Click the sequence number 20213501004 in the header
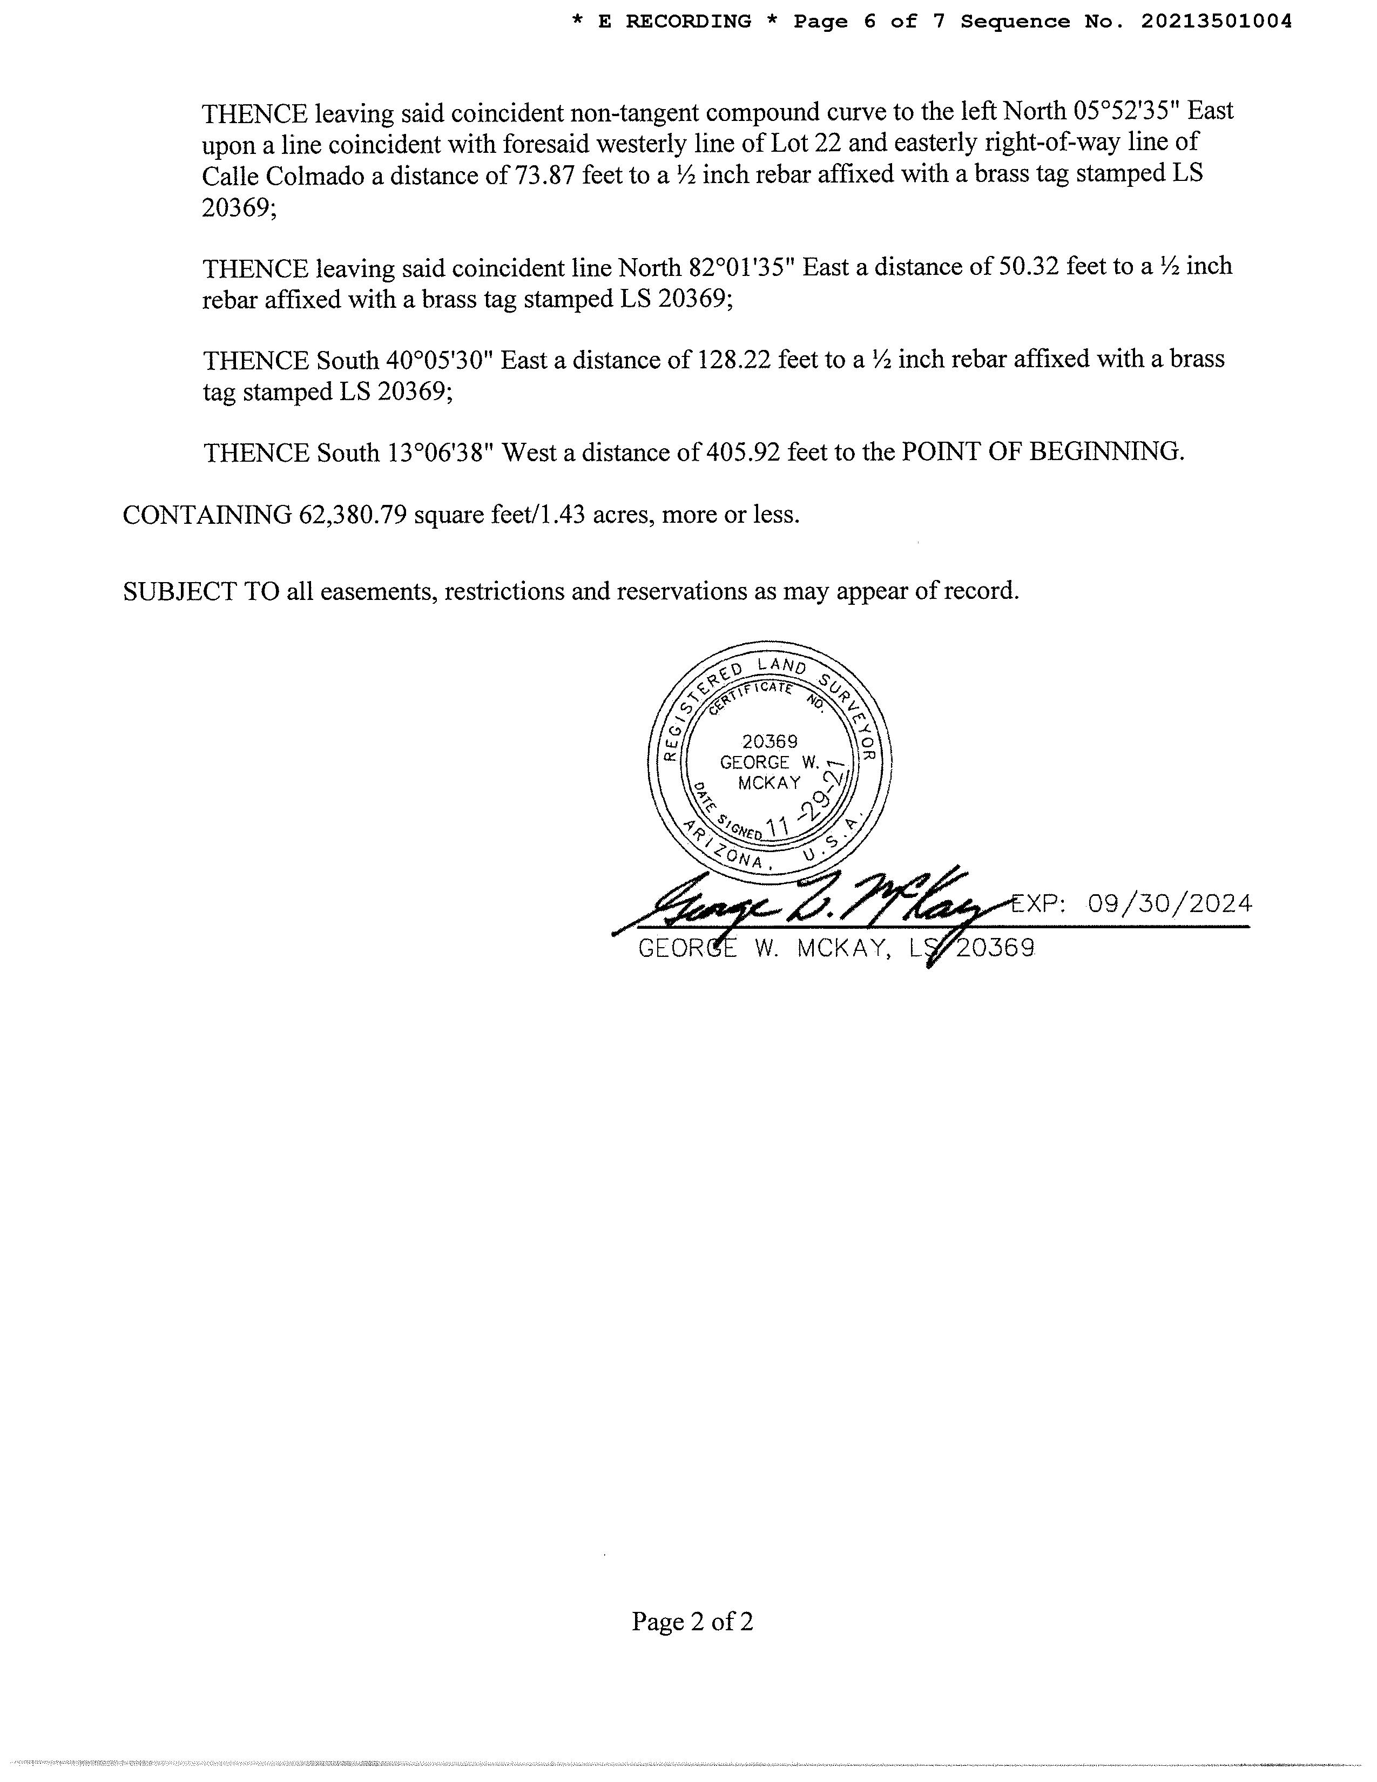pos(1216,22)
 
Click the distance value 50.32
pos(1028,268)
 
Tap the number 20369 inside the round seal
pos(769,741)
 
